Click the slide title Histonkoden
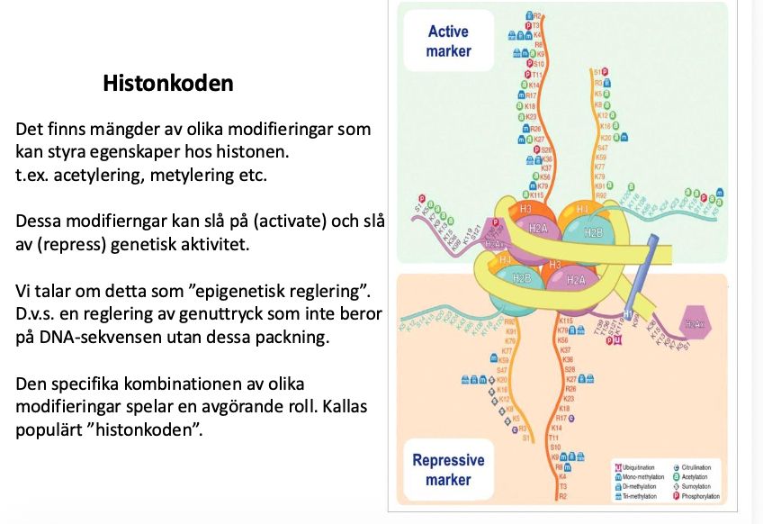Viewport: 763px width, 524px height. coord(168,84)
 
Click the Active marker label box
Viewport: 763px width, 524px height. coord(448,41)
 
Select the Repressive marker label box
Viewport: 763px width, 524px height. coord(448,469)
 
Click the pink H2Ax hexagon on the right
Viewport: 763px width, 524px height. coord(695,325)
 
